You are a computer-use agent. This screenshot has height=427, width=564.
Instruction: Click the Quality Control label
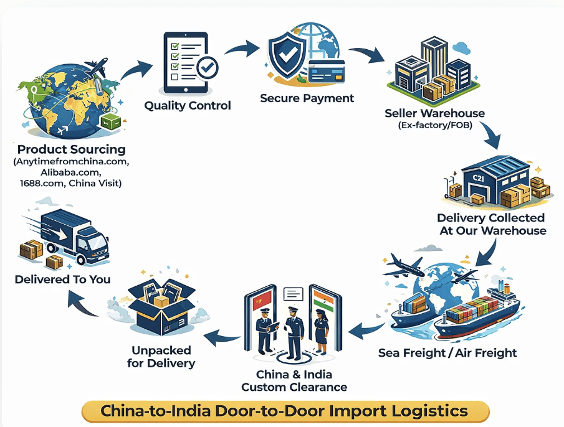(188, 106)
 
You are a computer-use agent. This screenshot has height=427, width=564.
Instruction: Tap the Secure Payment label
(307, 98)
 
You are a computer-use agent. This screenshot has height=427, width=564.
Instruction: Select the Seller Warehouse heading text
(434, 113)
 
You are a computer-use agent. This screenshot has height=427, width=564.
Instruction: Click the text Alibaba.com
(70, 172)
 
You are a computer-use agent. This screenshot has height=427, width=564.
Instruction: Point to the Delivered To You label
(62, 279)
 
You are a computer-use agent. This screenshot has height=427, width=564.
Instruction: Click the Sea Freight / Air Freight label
(447, 353)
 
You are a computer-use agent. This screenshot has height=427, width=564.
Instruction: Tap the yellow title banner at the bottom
(285, 411)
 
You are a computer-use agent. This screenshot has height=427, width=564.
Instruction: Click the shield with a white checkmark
(287, 55)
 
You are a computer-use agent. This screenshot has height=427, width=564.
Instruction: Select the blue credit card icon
(327, 71)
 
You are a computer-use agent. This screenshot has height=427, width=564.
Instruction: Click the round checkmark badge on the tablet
(207, 68)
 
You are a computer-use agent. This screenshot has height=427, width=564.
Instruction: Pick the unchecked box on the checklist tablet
(175, 77)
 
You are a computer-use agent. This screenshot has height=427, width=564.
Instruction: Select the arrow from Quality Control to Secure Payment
(242, 48)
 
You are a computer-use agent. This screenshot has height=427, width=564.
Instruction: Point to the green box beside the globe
(112, 123)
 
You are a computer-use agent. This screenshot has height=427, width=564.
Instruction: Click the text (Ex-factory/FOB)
(435, 125)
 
